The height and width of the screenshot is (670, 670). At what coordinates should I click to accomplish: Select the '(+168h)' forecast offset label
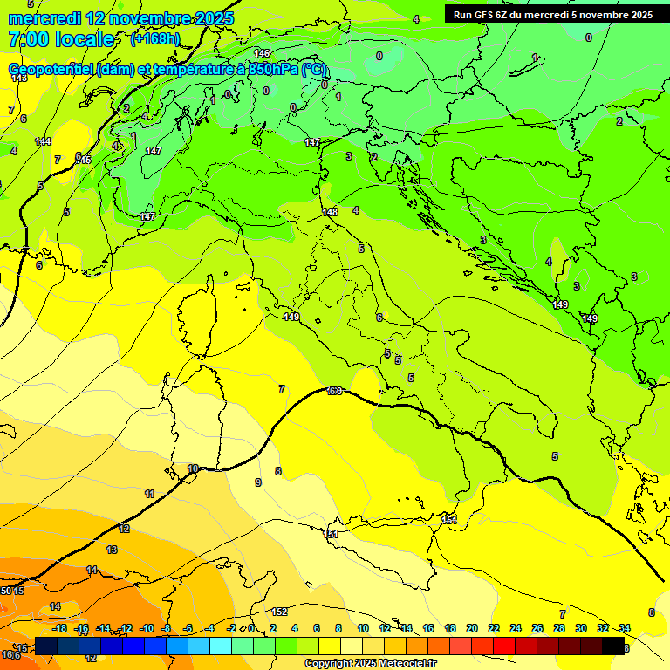click(156, 39)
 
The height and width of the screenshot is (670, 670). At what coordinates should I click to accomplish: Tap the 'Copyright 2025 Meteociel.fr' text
click(370, 663)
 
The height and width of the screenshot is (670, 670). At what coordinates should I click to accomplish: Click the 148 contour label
click(330, 212)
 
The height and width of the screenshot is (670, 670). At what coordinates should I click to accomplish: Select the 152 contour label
click(279, 612)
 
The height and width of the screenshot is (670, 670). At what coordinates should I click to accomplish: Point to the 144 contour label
click(43, 141)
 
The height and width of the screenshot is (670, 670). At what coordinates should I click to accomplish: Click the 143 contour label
click(19, 79)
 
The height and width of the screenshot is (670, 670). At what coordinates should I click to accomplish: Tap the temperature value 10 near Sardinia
click(193, 468)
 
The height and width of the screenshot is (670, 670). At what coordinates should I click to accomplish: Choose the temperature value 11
click(150, 494)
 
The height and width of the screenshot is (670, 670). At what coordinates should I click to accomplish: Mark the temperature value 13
click(112, 550)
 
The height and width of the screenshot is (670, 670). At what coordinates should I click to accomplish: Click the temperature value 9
click(257, 482)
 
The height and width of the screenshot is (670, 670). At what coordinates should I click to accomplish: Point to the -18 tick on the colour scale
click(60, 628)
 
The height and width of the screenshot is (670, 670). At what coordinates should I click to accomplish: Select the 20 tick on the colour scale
click(471, 628)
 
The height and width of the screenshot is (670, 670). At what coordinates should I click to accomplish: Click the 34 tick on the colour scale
click(624, 628)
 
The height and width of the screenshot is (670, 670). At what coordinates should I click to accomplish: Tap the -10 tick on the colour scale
click(147, 628)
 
